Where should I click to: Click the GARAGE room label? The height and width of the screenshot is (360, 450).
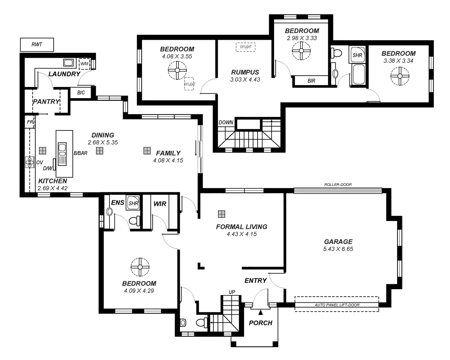(x=338, y=242)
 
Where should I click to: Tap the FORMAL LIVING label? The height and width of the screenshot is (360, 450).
(x=241, y=227)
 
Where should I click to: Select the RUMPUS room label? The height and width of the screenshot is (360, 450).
(x=245, y=72)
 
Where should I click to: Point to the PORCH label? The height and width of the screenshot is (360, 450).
(x=261, y=323)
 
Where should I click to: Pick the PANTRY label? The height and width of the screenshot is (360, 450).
(x=46, y=102)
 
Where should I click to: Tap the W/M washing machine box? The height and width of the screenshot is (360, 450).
(x=84, y=64)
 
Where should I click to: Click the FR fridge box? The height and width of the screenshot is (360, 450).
(x=30, y=122)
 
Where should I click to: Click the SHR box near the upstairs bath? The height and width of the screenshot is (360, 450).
(x=357, y=55)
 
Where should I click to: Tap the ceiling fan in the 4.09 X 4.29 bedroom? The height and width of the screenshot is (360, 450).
(x=140, y=267)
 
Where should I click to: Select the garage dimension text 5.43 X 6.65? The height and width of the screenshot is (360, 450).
(x=338, y=249)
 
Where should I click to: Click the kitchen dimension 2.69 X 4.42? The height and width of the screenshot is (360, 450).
(x=52, y=188)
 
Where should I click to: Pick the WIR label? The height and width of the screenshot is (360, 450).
(x=160, y=204)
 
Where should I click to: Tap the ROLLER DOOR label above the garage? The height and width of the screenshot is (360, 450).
(x=338, y=185)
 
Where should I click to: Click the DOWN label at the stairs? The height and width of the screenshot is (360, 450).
(x=226, y=122)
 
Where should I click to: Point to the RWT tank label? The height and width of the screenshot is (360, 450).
(x=36, y=45)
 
